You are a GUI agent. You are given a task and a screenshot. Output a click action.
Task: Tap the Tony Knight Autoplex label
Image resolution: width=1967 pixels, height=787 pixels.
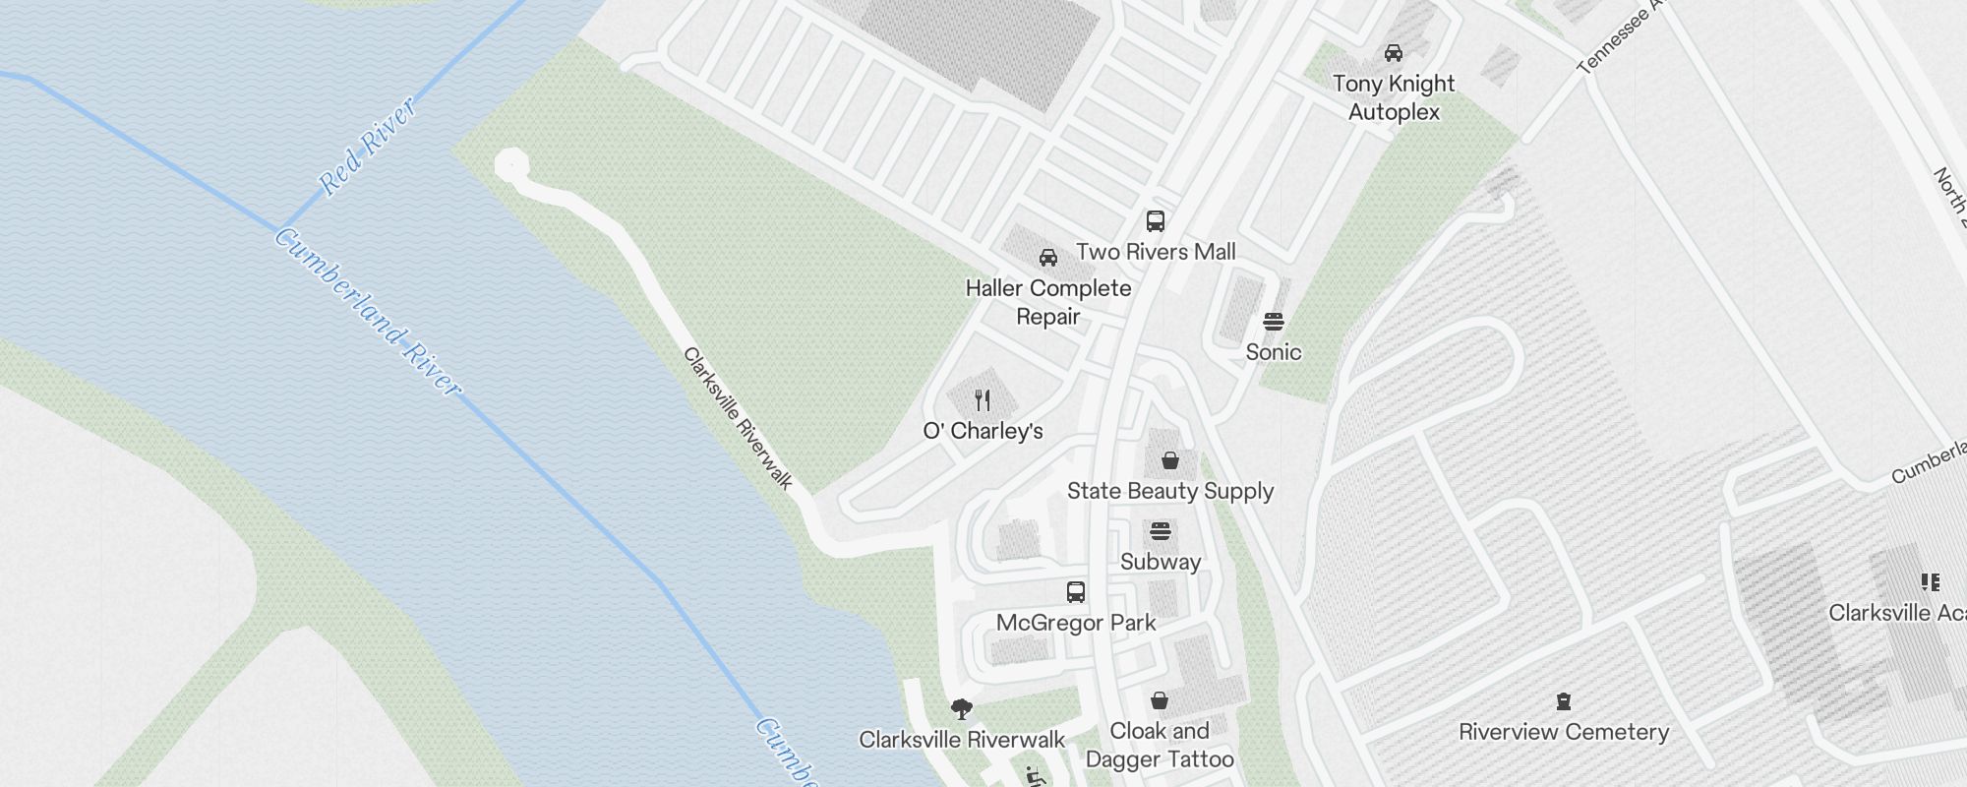1394,97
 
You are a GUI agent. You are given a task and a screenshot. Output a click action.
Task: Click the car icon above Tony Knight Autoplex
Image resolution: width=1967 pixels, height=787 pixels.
1394,52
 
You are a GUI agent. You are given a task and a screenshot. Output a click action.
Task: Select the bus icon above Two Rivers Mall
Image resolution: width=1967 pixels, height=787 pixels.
1156,221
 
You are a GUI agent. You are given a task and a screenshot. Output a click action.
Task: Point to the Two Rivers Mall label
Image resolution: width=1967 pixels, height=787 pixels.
1156,252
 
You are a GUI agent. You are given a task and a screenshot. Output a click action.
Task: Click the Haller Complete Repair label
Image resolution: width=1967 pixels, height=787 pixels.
1048,302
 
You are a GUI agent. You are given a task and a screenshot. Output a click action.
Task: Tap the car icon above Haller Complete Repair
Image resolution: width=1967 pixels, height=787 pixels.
1048,258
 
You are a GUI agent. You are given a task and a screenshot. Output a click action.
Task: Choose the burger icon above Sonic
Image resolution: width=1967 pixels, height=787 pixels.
1274,322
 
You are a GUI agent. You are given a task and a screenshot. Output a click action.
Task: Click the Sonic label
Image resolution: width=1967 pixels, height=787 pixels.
1274,352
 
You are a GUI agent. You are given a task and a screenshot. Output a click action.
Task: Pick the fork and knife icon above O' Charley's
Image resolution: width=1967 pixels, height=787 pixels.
983,399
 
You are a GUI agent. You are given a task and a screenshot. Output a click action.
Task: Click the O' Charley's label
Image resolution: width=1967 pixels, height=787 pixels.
983,431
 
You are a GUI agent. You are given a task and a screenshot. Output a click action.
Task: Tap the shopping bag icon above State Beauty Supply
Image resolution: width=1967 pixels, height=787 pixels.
1170,460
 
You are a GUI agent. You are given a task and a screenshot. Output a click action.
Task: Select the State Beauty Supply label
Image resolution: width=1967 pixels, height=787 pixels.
1170,491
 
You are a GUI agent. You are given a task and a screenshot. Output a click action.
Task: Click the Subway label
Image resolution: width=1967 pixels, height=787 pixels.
1161,562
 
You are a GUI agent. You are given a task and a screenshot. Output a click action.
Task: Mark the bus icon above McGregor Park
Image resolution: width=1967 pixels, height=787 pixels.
1076,592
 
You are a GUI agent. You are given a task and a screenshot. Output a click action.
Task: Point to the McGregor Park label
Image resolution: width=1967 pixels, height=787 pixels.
1076,623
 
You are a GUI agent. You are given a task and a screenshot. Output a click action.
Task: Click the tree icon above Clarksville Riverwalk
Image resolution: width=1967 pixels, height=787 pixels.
962,708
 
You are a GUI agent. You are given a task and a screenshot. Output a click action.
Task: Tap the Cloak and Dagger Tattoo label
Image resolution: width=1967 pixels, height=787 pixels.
1160,745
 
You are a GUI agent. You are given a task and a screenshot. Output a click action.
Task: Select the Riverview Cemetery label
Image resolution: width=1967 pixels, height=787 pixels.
1564,732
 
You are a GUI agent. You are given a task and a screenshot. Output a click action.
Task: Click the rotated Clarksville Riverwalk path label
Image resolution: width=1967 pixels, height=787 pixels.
738,418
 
